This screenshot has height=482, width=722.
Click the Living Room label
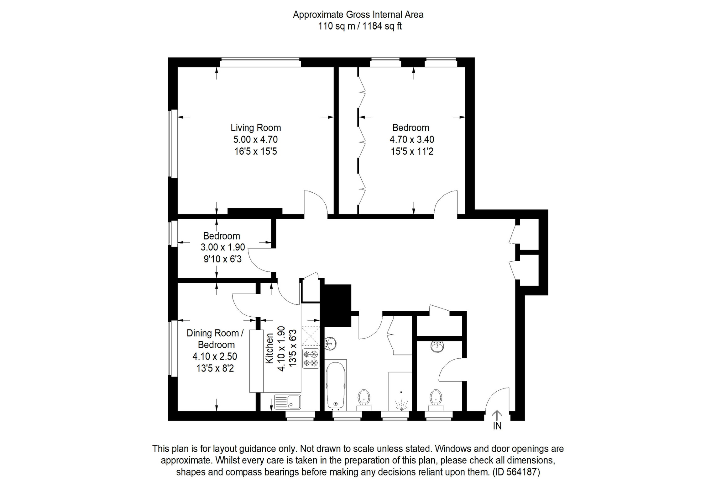tap(256, 128)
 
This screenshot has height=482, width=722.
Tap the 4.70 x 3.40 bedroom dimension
tap(411, 139)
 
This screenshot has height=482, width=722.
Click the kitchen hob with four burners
tap(311, 358)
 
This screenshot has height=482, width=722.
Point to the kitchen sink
tap(288, 402)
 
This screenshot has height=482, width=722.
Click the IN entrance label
tap(497, 426)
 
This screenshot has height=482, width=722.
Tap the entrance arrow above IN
tap(497, 415)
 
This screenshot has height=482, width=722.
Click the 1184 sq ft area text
tap(382, 26)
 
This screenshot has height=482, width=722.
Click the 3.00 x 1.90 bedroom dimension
tap(222, 247)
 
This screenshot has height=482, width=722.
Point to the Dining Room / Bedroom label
tap(215, 339)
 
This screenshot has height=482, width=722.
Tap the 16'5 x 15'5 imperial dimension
tap(255, 152)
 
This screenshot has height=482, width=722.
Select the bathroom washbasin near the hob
tap(330, 344)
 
